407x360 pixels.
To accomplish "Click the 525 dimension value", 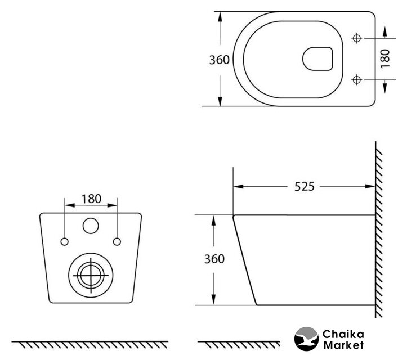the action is [x=304, y=187].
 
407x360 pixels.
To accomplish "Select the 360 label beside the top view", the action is [x=220, y=60].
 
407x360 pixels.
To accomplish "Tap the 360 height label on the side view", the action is [x=214, y=259].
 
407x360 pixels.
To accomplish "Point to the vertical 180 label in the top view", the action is [x=385, y=58].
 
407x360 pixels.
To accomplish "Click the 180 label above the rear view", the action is [x=91, y=199].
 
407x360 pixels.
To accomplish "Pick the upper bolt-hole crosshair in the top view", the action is [x=357, y=38].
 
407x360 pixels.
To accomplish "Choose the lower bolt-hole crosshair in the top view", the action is [x=357, y=80].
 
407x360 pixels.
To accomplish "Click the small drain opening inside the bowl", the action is [x=317, y=59].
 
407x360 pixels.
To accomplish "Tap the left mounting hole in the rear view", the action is [x=64, y=242].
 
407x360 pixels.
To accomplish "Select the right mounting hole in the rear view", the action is [x=117, y=242].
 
